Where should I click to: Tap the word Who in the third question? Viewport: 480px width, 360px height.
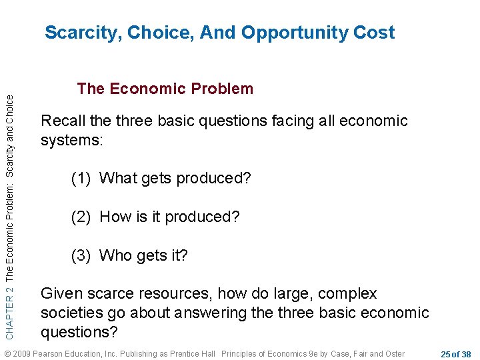coord(116,256)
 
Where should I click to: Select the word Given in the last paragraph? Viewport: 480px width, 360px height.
coord(60,294)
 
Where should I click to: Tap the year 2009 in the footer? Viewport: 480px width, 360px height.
coord(22,353)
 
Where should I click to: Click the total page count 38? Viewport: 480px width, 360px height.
coord(465,353)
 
